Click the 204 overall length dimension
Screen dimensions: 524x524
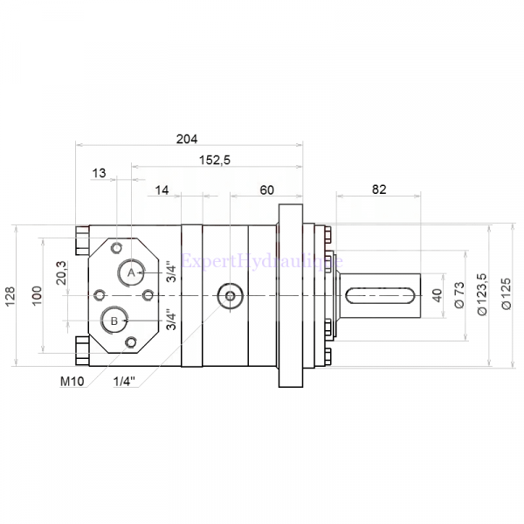tap(187, 138)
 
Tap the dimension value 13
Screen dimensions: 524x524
tap(100, 174)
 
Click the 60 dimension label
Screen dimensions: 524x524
tap(266, 190)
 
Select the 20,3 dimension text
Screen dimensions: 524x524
tap(60, 273)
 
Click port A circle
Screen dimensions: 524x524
tap(132, 272)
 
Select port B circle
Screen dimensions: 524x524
tap(114, 321)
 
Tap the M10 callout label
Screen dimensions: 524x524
tap(72, 381)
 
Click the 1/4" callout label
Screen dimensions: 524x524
tap(127, 381)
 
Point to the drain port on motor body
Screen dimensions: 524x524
tap(230, 297)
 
